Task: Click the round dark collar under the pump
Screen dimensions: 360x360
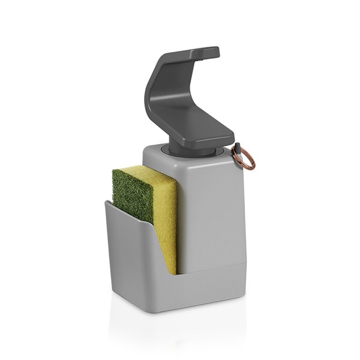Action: point(191,150)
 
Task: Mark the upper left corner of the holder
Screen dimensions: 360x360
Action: point(106,202)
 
